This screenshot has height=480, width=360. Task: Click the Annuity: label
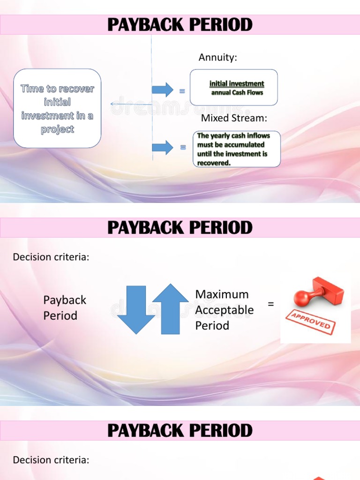click(x=217, y=58)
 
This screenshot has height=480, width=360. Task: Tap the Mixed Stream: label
click(x=234, y=118)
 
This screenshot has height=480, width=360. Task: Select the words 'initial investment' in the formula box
click(x=237, y=84)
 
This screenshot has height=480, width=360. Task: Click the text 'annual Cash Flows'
click(x=237, y=92)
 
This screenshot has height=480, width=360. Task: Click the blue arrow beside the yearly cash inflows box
click(x=162, y=147)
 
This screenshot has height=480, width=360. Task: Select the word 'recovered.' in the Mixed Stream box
click(x=214, y=163)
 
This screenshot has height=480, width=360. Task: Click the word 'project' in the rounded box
click(x=57, y=129)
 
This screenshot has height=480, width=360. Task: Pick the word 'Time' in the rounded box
click(x=31, y=89)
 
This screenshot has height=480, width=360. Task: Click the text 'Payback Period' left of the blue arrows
click(x=65, y=307)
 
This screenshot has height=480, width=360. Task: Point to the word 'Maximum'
click(x=222, y=294)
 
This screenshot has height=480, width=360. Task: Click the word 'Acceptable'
click(x=224, y=310)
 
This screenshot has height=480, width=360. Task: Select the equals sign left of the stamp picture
click(x=270, y=304)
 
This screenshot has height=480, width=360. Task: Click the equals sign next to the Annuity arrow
click(x=182, y=91)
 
